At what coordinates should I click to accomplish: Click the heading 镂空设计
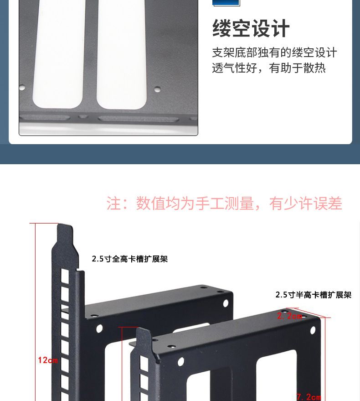point(251,28)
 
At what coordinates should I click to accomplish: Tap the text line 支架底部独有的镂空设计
point(274,52)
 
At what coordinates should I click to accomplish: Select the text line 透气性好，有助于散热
point(269,68)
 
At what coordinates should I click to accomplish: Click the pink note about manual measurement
point(224,203)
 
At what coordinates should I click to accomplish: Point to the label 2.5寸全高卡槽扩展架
point(130,259)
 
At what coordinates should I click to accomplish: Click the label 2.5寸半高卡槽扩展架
point(314,295)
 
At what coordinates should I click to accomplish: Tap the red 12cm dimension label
point(48,360)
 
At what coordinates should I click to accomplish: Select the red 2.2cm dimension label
point(289,316)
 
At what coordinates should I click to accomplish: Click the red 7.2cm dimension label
point(309,397)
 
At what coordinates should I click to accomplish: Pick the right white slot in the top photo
point(122,54)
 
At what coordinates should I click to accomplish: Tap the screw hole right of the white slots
point(157,89)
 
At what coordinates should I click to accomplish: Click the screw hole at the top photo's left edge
point(22,88)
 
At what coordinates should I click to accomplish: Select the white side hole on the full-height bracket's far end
point(226,303)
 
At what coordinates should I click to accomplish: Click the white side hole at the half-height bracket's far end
point(313,330)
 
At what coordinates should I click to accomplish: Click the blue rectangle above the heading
point(226,3)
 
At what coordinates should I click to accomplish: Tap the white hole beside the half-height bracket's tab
point(180,362)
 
